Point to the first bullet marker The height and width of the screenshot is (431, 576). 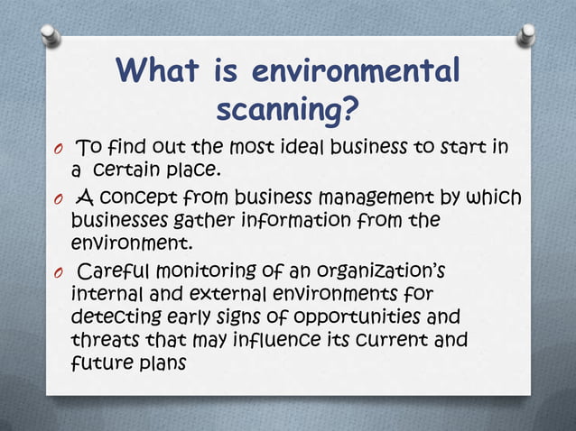tap(56, 149)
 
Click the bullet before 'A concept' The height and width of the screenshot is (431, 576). tap(56, 199)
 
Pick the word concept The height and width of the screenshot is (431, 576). tap(148, 197)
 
